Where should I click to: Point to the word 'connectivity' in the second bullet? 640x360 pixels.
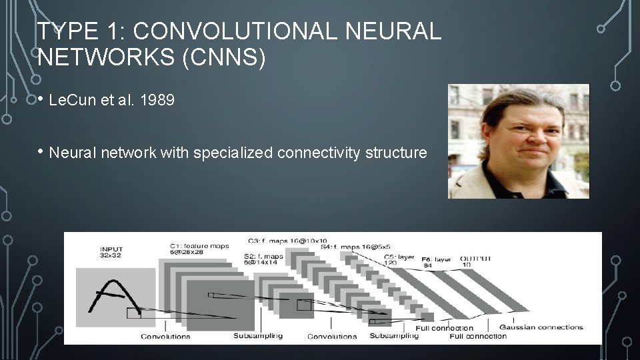(317, 153)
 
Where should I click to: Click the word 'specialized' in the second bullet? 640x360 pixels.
(233, 153)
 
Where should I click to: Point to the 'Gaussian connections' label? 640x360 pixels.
(541, 327)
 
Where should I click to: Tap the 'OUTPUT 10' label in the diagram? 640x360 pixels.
(475, 261)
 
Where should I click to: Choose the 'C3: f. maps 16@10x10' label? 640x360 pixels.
(287, 241)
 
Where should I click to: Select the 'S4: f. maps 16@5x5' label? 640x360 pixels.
(356, 247)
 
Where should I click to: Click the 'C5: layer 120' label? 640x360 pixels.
(399, 259)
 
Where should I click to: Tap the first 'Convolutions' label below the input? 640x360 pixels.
(165, 337)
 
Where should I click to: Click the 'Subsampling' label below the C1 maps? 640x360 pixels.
(258, 336)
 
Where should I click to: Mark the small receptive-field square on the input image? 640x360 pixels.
(134, 313)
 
